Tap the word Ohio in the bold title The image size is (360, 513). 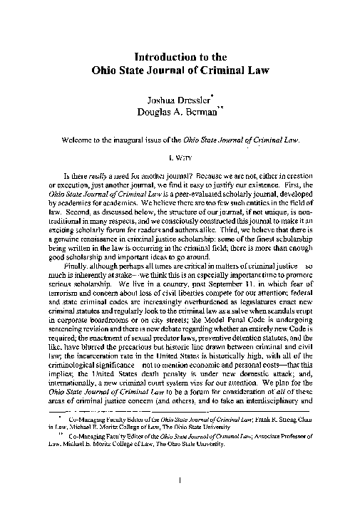(106, 71)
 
